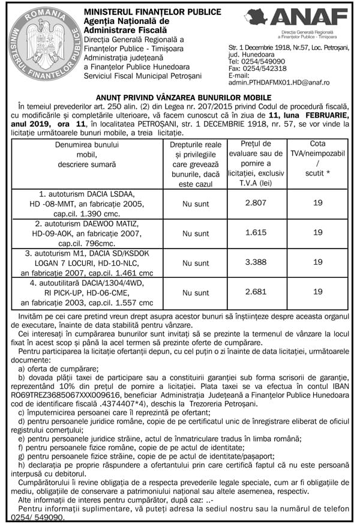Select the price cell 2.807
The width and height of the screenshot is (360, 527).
tap(256, 203)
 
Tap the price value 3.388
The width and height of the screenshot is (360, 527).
tap(256, 262)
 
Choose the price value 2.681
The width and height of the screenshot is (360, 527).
tap(256, 292)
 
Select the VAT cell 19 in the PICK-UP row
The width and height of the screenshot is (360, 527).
tap(317, 292)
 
